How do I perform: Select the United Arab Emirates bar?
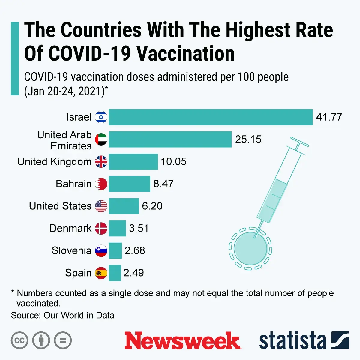pyautogui.click(x=170, y=139)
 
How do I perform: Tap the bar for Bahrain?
pyautogui.click(x=129, y=184)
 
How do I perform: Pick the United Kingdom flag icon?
pyautogui.click(x=101, y=162)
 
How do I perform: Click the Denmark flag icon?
pyautogui.click(x=101, y=228)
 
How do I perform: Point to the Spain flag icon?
pyautogui.click(x=101, y=273)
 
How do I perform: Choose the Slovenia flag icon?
pyautogui.click(x=101, y=251)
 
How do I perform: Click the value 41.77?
pyautogui.click(x=329, y=117)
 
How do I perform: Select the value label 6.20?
pyautogui.click(x=152, y=206)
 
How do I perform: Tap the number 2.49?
pyautogui.click(x=133, y=273)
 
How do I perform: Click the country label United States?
pyautogui.click(x=60, y=206)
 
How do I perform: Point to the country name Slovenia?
pyautogui.click(x=71, y=250)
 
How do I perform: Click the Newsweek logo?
pyautogui.click(x=182, y=341)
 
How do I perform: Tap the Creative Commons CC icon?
pyautogui.click(x=19, y=341)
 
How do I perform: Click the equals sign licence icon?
pyautogui.click(x=63, y=341)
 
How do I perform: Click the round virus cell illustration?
pyautogui.click(x=250, y=248)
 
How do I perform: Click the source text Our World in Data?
pyautogui.click(x=79, y=316)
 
